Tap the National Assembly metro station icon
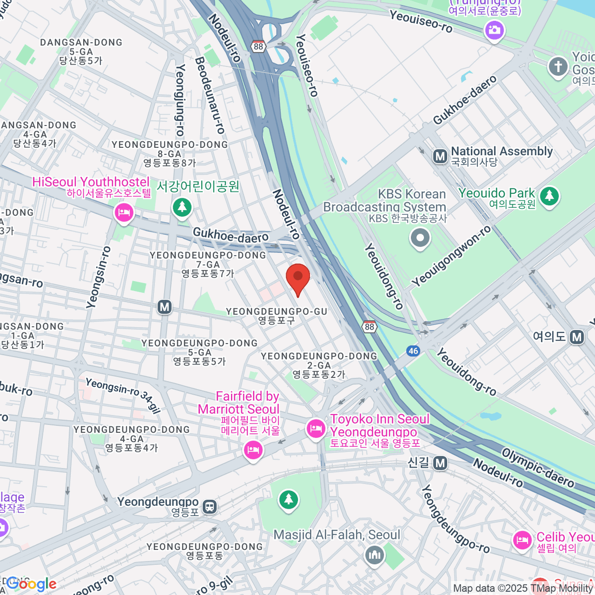pos(440,157)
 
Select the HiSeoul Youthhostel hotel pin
pos(123,213)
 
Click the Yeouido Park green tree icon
pos(549,195)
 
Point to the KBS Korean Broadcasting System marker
pos(420,238)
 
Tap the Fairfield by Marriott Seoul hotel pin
pos(253,450)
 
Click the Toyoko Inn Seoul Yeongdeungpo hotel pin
pos(316,428)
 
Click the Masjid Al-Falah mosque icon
pos(375,555)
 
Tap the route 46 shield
pos(413,351)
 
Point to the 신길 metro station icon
pos(440,463)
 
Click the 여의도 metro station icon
pos(577,337)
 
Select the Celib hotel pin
pos(522,540)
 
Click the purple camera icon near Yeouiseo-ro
pos(494,31)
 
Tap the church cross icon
pos(558,66)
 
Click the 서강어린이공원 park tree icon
pos(182,207)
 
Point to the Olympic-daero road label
pos(538,468)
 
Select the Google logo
pos(31,584)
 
